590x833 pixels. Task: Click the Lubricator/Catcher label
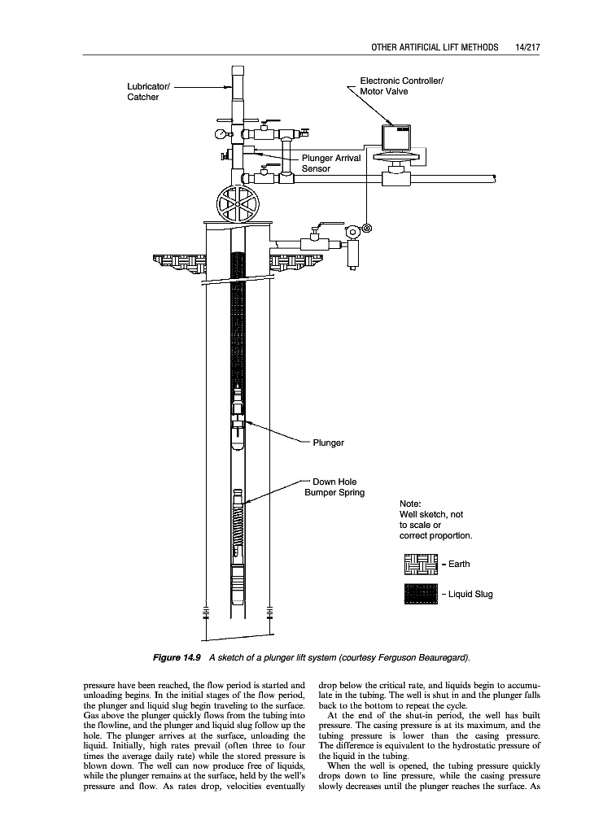coord(147,92)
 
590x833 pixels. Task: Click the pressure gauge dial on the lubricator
coord(220,134)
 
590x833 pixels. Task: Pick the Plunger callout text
coord(328,443)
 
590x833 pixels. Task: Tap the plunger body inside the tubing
coord(237,423)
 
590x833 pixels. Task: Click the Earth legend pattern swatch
coord(421,564)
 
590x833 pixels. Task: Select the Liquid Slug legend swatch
coord(421,594)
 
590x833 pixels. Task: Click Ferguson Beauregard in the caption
coord(429,656)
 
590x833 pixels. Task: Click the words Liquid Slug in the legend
coord(470,594)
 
